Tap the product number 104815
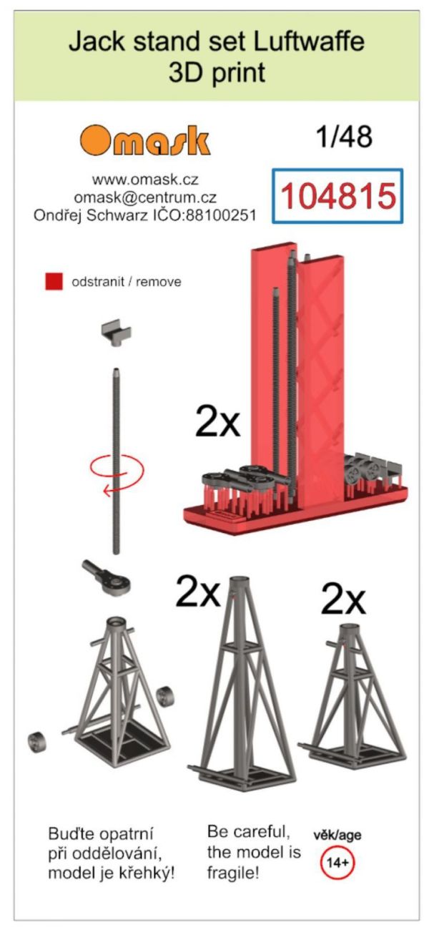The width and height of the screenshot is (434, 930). (337, 195)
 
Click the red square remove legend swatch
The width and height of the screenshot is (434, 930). (54, 281)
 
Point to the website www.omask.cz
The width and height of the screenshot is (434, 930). (145, 180)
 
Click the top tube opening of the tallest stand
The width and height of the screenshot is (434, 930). (238, 581)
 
